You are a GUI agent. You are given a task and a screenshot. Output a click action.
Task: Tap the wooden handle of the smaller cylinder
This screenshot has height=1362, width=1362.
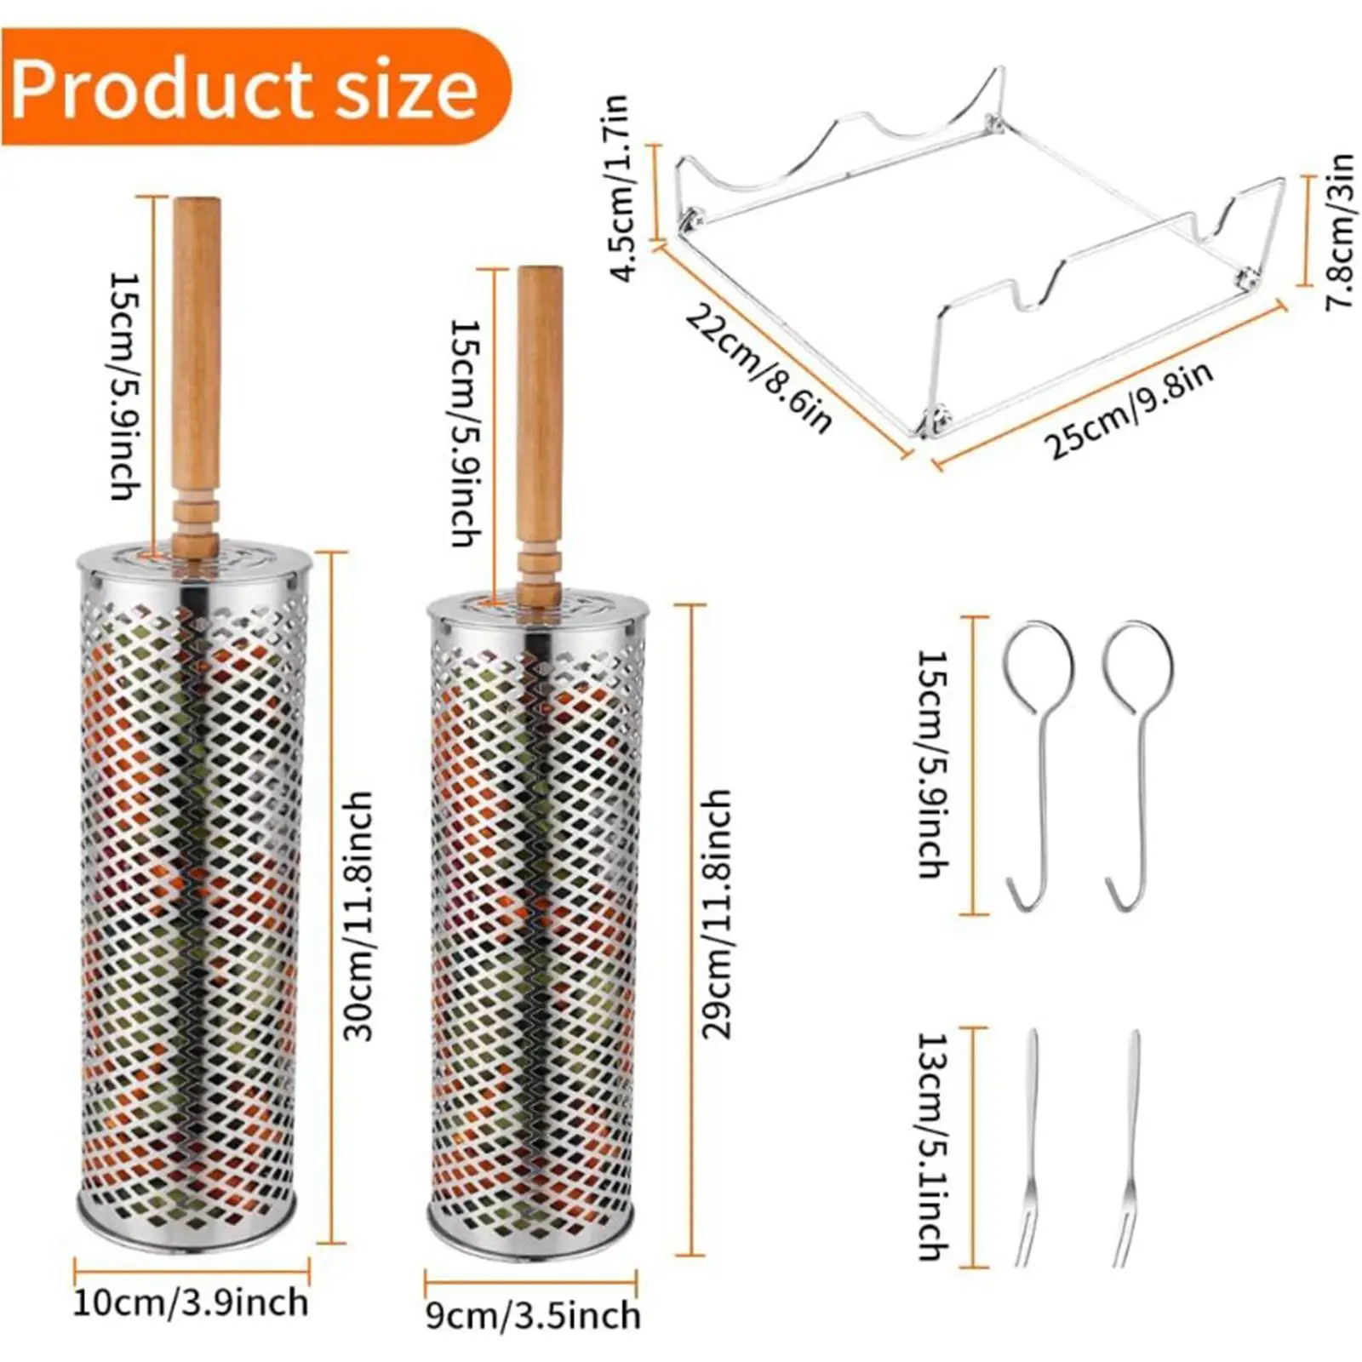pyautogui.click(x=540, y=409)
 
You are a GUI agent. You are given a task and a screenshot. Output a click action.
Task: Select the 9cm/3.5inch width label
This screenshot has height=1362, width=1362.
pyautogui.click(x=533, y=1315)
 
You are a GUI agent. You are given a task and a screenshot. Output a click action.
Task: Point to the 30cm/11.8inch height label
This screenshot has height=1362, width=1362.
pyautogui.click(x=358, y=915)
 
